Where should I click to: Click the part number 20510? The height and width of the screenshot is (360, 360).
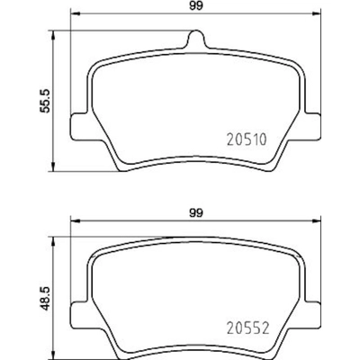247,139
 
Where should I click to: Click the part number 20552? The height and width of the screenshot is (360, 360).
247,328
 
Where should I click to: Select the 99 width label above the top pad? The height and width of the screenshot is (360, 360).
196,6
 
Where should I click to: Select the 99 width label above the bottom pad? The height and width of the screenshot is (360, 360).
196,213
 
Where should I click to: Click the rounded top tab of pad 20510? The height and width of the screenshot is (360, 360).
196,39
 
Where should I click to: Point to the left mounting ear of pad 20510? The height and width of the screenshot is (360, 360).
78,127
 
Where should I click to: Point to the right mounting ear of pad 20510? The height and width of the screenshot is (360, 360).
312,127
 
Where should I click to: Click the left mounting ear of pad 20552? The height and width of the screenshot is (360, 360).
78,316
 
